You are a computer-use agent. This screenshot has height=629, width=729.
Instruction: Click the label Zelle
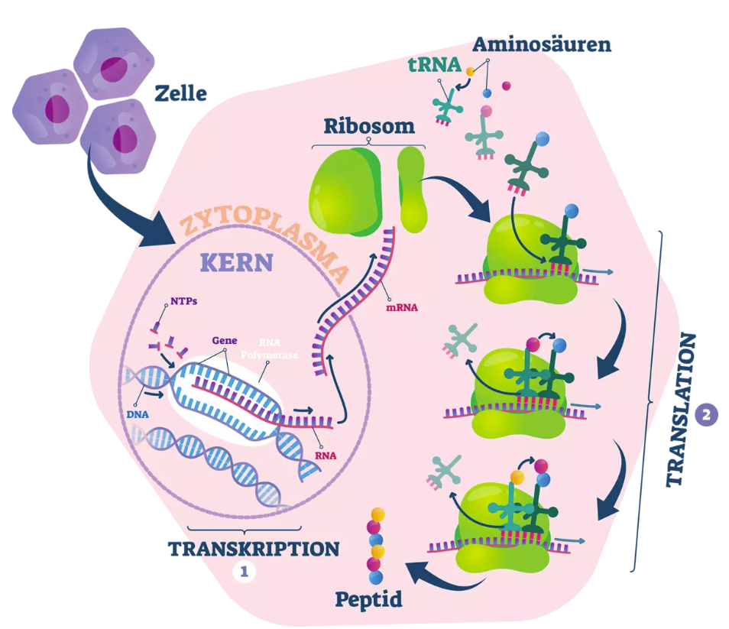click(180, 93)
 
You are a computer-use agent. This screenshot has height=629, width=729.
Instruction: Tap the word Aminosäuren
click(542, 44)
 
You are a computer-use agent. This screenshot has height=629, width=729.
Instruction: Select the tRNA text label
click(434, 64)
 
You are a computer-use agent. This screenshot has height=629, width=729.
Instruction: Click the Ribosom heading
click(369, 126)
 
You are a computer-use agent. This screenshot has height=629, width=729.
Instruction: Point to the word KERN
click(237, 263)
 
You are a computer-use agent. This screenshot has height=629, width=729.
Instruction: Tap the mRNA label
click(402, 307)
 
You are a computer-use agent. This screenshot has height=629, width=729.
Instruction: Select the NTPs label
click(183, 301)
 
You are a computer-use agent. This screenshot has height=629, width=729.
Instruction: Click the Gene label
click(225, 340)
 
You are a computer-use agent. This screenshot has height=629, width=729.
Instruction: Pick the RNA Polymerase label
click(270, 349)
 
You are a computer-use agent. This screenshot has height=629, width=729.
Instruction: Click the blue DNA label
click(138, 414)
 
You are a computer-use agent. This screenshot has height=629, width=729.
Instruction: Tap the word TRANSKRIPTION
click(254, 549)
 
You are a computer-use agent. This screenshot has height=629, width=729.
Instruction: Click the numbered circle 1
click(245, 572)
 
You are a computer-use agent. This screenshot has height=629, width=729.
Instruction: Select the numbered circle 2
click(707, 415)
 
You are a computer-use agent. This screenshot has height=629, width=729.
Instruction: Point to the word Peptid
click(368, 600)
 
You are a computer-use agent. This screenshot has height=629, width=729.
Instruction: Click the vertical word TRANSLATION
click(682, 410)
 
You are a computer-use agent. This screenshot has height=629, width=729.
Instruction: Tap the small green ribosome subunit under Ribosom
click(411, 190)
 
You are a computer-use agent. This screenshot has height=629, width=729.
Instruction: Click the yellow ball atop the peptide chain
click(378, 514)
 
